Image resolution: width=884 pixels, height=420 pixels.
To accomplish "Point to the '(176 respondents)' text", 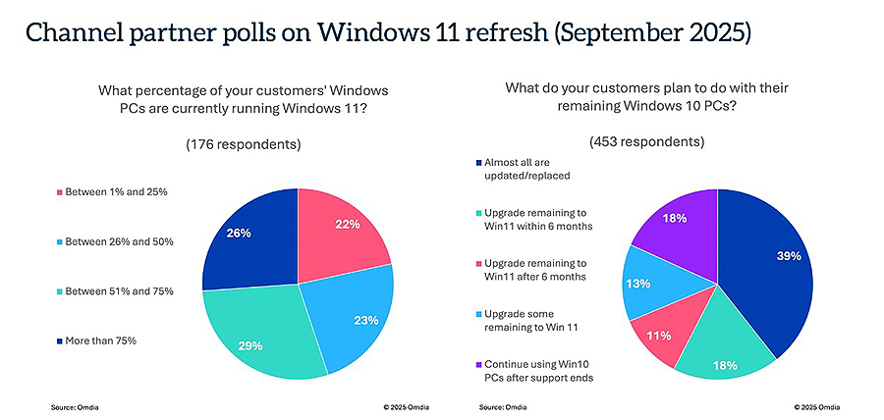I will pos(244,144).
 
